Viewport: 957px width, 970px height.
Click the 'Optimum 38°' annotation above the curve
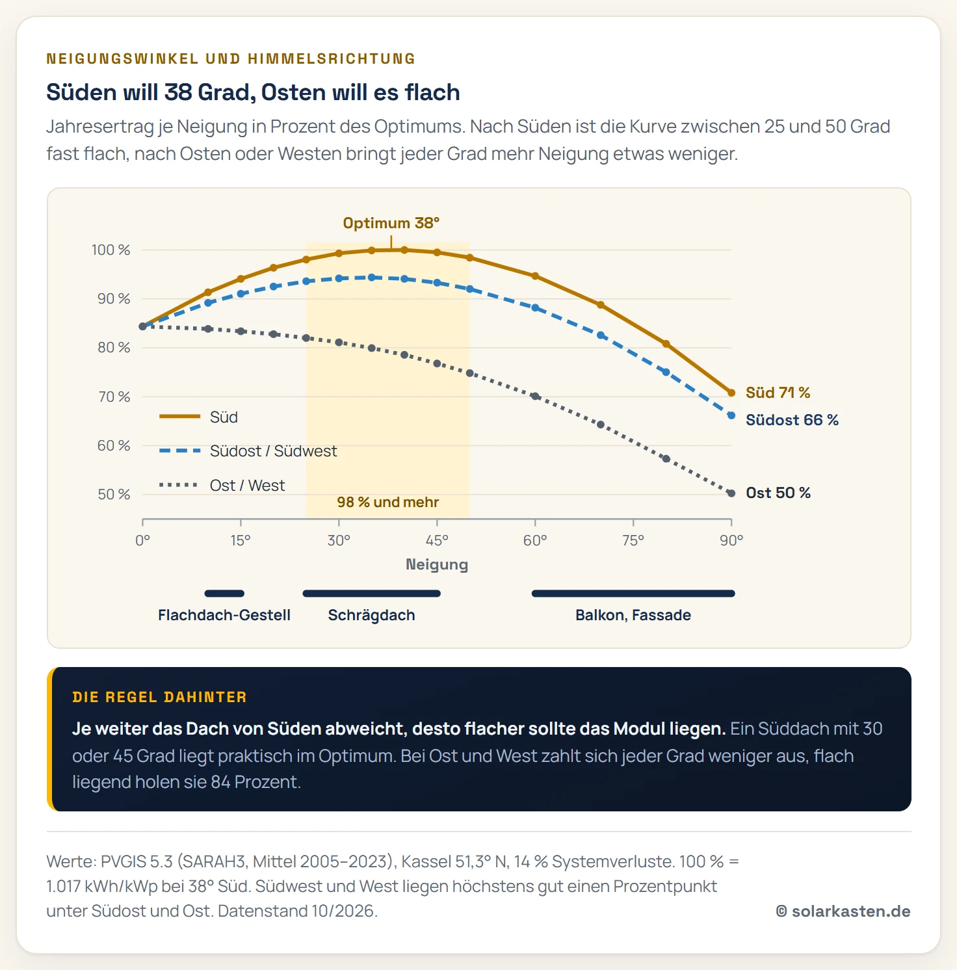pos(391,223)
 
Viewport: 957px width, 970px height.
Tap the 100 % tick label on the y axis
pos(111,250)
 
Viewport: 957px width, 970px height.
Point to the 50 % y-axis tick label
pos(114,494)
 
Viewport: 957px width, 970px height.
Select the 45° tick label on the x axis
pos(437,540)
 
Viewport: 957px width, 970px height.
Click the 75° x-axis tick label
pos(633,540)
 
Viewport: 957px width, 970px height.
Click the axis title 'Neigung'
pos(437,564)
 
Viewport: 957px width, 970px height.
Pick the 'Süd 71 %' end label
pos(778,393)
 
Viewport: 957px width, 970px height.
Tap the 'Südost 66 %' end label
pos(792,420)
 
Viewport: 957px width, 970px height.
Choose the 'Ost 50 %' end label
pos(778,493)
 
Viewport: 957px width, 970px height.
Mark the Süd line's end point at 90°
pos(731,393)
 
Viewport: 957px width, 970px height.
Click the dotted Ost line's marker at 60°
pos(535,396)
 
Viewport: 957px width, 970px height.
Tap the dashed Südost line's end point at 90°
pos(731,415)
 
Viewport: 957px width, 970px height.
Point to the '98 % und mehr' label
pos(387,502)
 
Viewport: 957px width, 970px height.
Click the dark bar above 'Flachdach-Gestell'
pos(224,593)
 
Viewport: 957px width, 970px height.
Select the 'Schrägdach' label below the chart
pos(371,615)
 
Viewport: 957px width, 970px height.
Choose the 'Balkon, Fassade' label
pos(633,615)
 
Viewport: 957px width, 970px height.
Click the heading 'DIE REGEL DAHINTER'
pos(159,697)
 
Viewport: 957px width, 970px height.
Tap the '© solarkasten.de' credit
pos(843,911)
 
